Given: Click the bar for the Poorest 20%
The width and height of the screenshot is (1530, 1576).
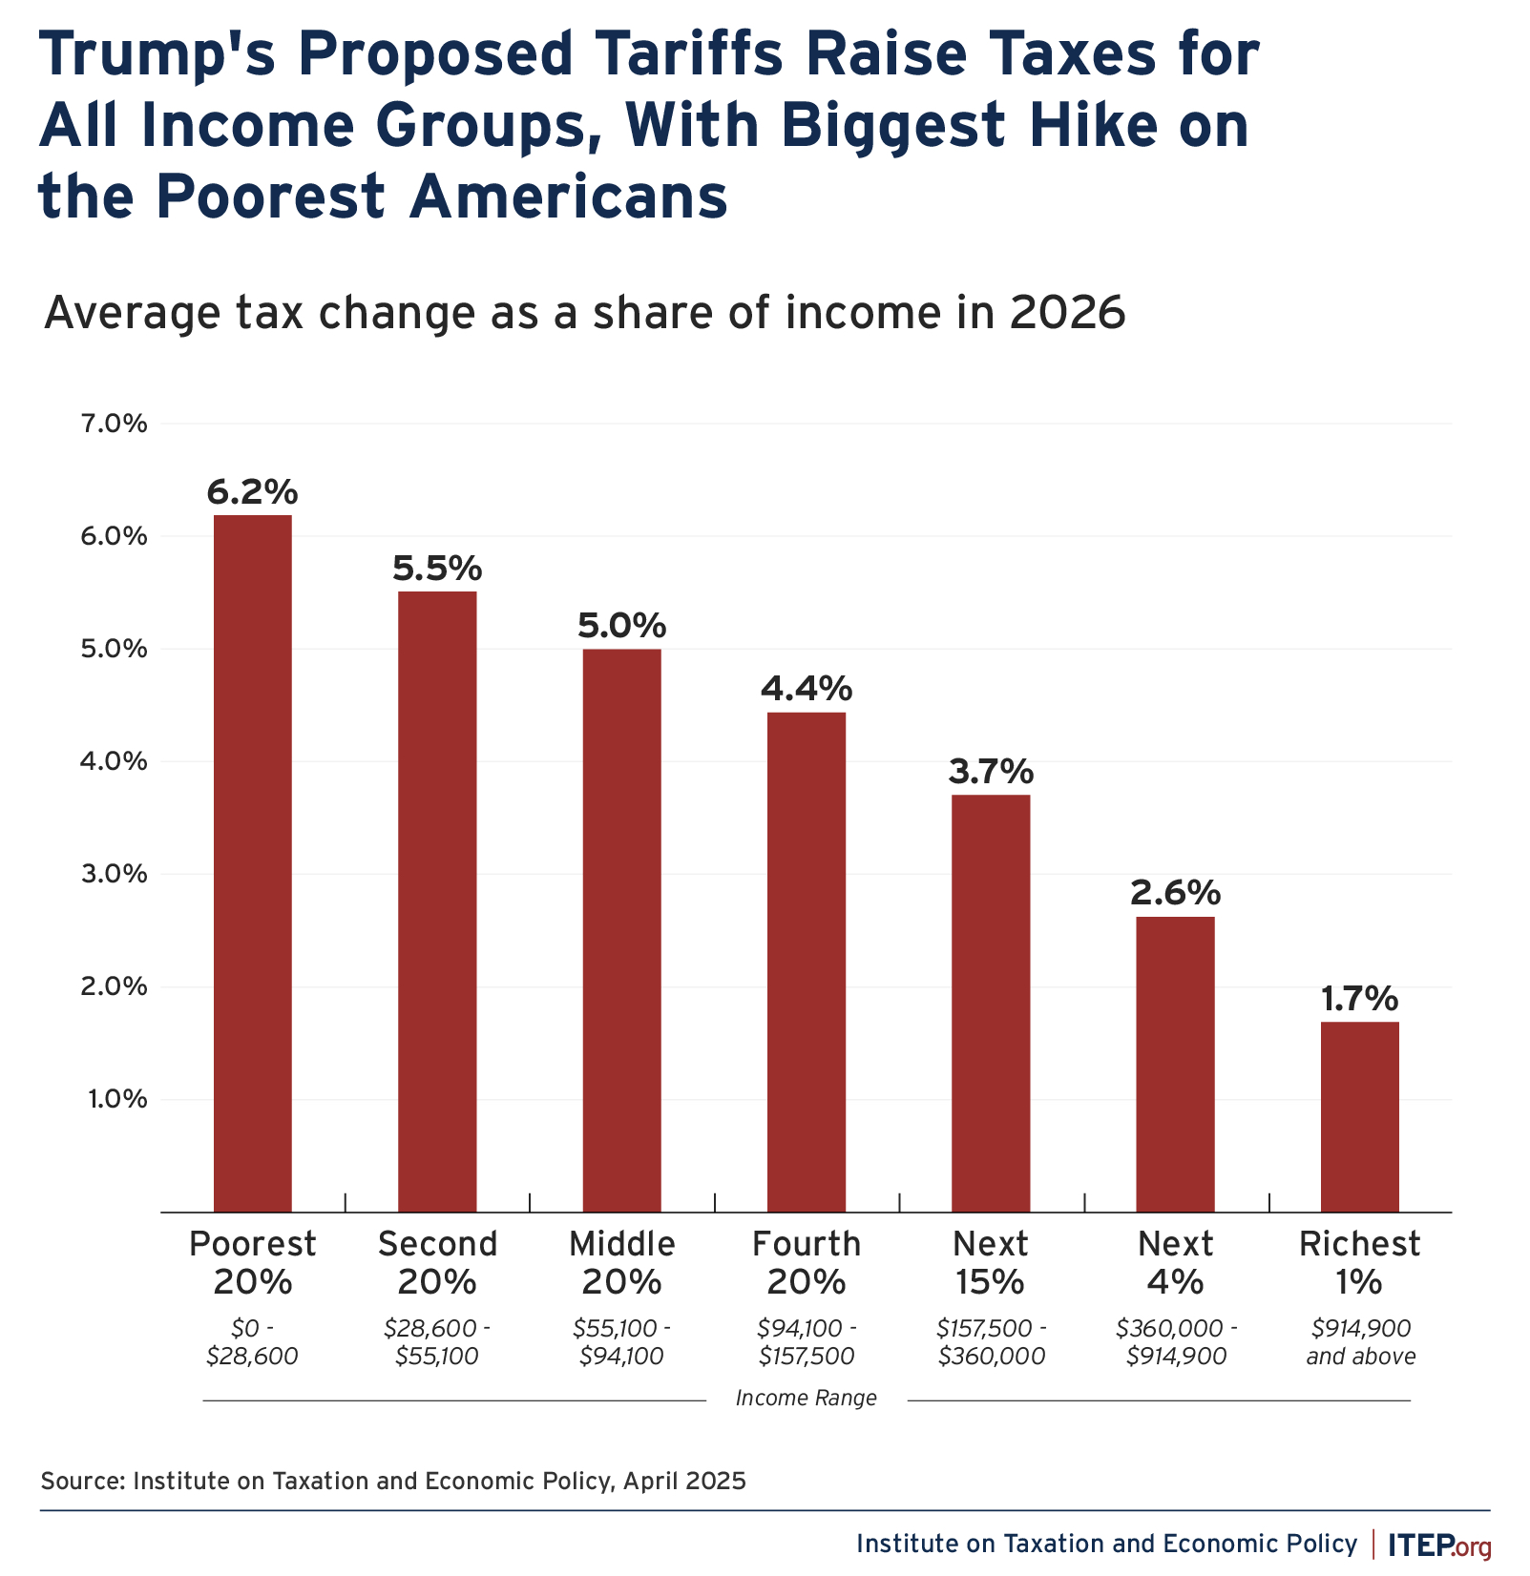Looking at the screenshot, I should (x=252, y=863).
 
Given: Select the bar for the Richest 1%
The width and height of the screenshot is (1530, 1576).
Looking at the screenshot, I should (x=1359, y=1116).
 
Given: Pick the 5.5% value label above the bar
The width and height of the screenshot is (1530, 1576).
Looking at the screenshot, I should (x=437, y=570).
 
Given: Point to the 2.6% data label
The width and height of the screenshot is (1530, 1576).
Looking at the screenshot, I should (x=1175, y=894).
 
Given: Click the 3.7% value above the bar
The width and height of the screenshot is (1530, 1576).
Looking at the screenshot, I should (x=991, y=772).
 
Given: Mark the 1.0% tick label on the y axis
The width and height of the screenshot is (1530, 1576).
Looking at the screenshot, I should (x=117, y=1100).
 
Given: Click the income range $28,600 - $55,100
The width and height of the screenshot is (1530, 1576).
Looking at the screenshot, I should (x=437, y=1342).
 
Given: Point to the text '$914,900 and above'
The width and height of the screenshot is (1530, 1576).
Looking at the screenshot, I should (x=1360, y=1342).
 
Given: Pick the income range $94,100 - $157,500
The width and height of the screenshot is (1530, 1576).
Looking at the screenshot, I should (x=807, y=1342).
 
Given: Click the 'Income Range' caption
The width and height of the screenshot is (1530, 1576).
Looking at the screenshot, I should (x=807, y=1399).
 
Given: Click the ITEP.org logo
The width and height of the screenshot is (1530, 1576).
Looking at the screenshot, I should (x=1439, y=1545).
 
